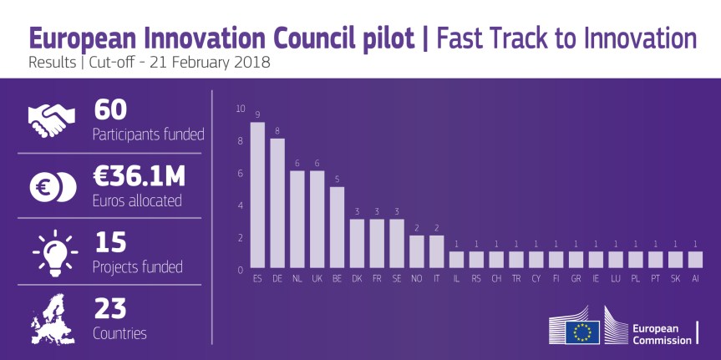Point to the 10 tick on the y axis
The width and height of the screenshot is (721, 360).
click(x=241, y=109)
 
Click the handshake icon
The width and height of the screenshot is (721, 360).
click(x=51, y=121)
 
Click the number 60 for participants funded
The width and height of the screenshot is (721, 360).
click(x=114, y=110)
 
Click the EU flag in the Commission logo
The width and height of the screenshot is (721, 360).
click(x=582, y=332)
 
